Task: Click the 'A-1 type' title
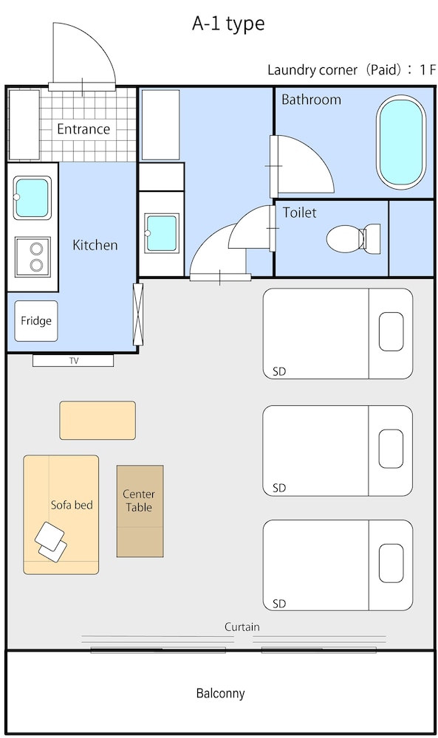pyautogui.click(x=228, y=24)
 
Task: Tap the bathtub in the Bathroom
pyautogui.click(x=401, y=142)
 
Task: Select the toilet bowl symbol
pyautogui.click(x=353, y=239)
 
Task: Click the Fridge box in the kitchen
pyautogui.click(x=36, y=321)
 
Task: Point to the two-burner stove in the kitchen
pyautogui.click(x=33, y=257)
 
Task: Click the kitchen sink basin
pyautogui.click(x=32, y=198)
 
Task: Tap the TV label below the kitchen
pyautogui.click(x=73, y=361)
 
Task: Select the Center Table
pyautogui.click(x=140, y=511)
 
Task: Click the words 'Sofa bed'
pyautogui.click(x=72, y=505)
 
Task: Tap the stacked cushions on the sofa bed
pyautogui.click(x=51, y=542)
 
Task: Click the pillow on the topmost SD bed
pyautogui.click(x=391, y=332)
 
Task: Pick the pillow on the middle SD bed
pyautogui.click(x=391, y=449)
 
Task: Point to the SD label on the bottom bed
pyautogui.click(x=279, y=604)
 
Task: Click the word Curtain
pyautogui.click(x=242, y=627)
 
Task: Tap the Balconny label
pyautogui.click(x=220, y=693)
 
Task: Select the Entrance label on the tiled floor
pyautogui.click(x=83, y=129)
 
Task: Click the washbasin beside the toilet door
pyautogui.click(x=162, y=233)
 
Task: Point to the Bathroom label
pyautogui.click(x=311, y=100)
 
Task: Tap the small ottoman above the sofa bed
pyautogui.click(x=97, y=421)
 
